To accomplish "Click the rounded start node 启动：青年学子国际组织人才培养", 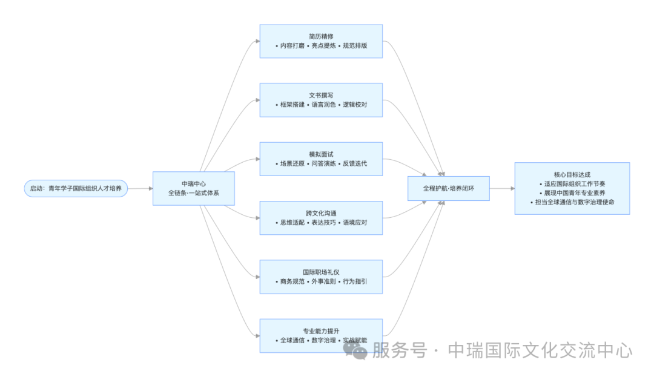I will coord(76,188).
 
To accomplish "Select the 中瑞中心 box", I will coord(193,188).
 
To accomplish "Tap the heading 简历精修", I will coord(321,36).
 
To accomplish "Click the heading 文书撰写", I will coord(321,95).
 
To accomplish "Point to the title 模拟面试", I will coord(321,154).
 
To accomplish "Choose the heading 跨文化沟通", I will coord(321,213).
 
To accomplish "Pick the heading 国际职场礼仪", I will coord(321,272).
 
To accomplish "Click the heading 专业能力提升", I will coord(321,330).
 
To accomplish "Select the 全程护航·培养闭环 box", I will coord(448,188).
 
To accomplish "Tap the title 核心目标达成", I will coord(572,174).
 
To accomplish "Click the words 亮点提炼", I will coord(322,46).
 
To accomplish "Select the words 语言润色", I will coord(322,105).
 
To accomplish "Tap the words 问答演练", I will coord(322,163).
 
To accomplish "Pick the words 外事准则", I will coord(322,281).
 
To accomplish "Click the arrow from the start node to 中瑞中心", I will coord(140,188).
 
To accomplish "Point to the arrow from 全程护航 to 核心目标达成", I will coord(502,188).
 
